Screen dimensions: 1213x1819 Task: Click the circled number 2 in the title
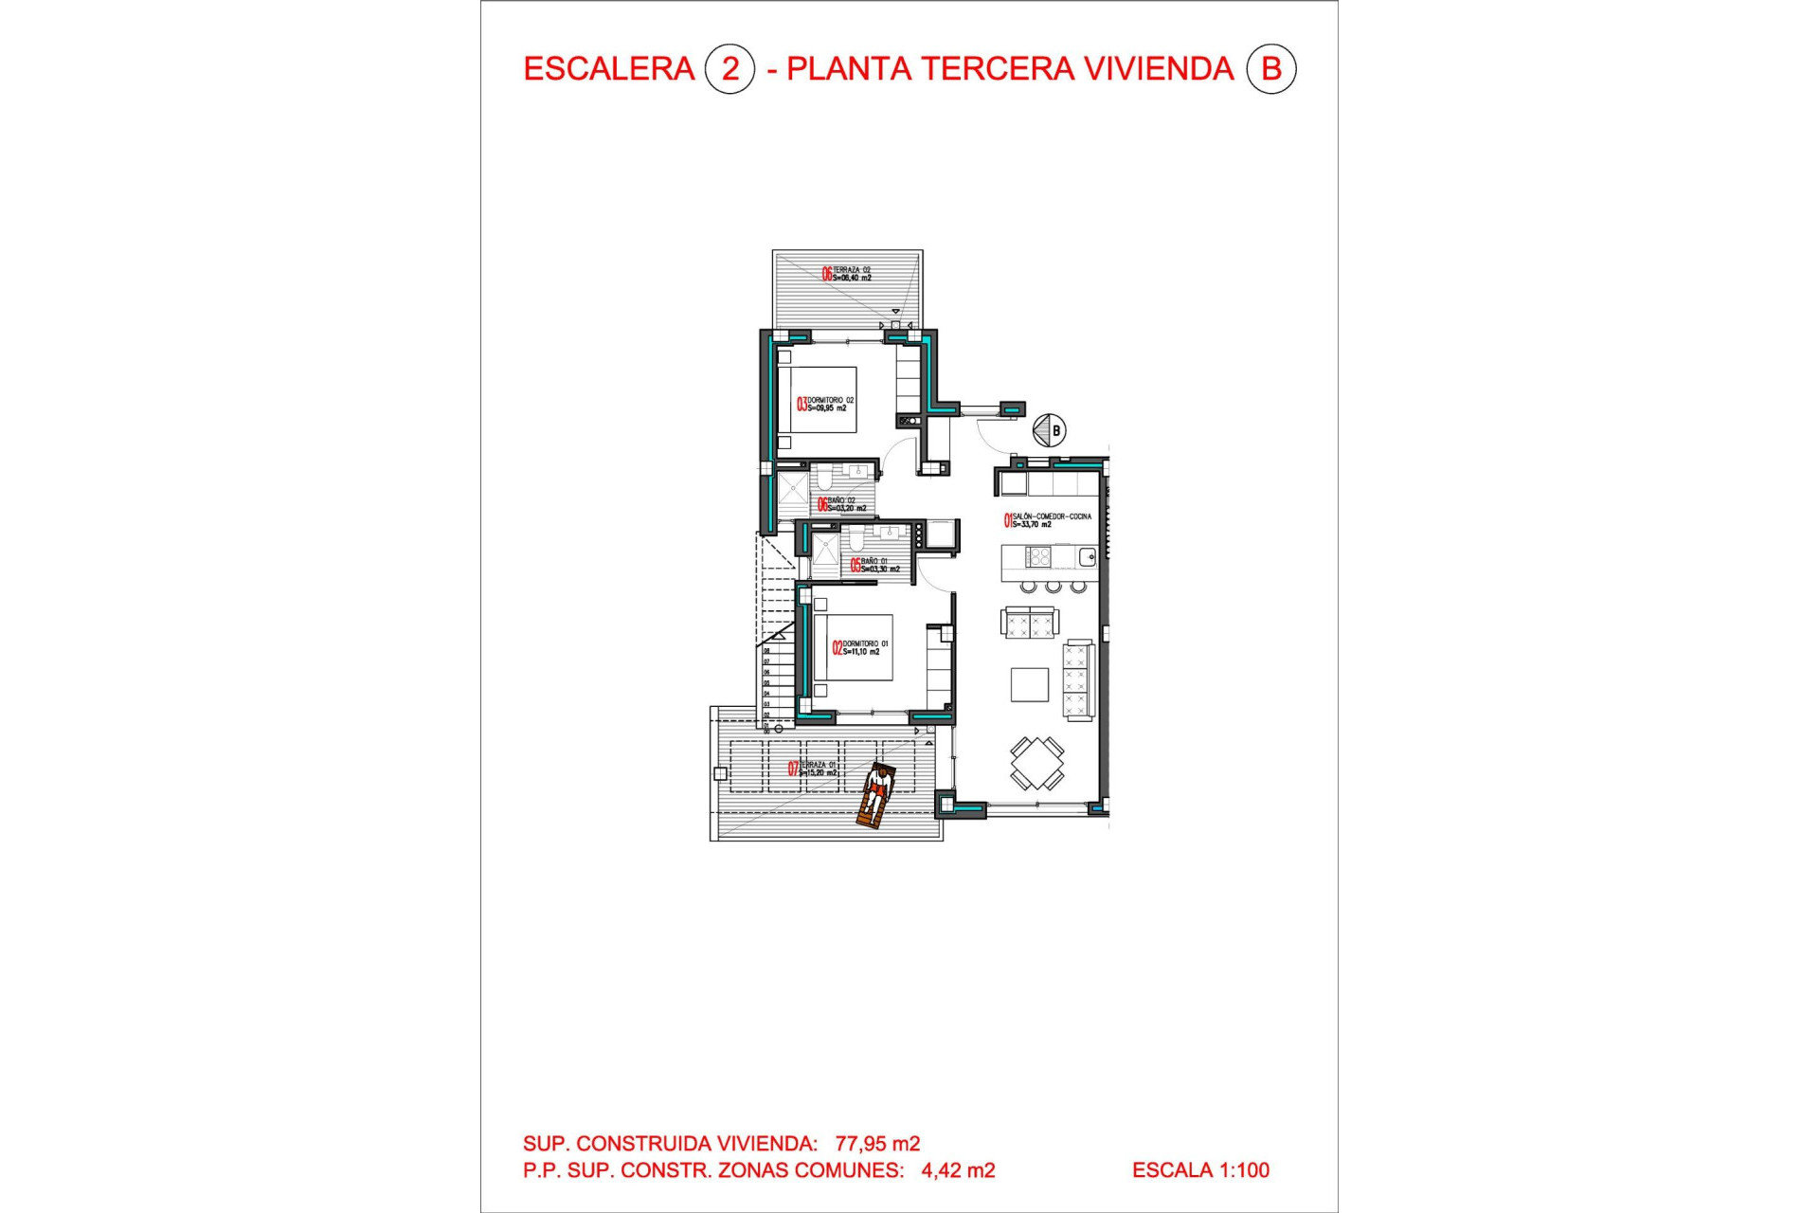click(x=729, y=69)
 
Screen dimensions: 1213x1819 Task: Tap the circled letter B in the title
click(x=1270, y=69)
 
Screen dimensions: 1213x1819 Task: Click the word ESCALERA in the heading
click(x=609, y=69)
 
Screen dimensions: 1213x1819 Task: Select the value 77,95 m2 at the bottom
click(x=877, y=1144)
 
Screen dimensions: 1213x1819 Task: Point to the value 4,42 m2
click(x=958, y=1170)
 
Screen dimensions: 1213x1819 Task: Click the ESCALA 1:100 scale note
click(x=1200, y=1170)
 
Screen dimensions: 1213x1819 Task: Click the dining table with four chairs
click(x=1036, y=763)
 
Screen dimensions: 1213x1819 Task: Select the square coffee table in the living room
click(x=1030, y=684)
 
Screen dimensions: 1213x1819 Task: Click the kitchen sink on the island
click(x=1087, y=556)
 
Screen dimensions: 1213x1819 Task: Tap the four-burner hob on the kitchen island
click(x=1038, y=556)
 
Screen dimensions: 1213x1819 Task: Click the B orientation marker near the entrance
click(x=1050, y=430)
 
